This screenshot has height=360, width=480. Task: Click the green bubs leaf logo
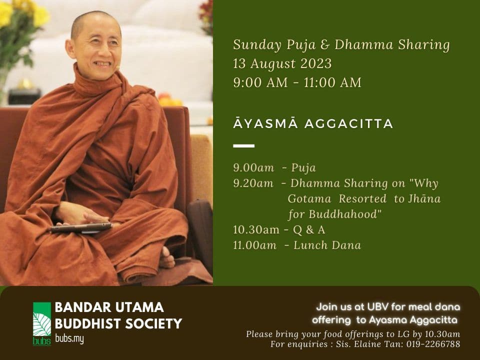click(42, 324)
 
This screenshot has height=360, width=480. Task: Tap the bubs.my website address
click(69, 339)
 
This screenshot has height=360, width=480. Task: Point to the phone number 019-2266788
click(433, 344)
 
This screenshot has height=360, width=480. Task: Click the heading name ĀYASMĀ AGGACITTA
click(313, 123)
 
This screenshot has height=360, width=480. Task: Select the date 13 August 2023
click(282, 63)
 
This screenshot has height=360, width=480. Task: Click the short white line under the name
click(244, 146)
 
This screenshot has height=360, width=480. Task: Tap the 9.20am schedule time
click(253, 183)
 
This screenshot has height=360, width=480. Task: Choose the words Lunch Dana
click(327, 245)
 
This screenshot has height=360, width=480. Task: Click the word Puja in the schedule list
click(303, 168)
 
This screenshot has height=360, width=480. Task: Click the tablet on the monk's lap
click(81, 228)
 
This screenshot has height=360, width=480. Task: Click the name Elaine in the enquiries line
click(362, 344)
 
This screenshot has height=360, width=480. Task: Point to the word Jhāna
click(424, 198)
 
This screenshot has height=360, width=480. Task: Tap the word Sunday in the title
click(257, 45)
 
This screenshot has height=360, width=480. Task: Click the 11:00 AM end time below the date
click(332, 82)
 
